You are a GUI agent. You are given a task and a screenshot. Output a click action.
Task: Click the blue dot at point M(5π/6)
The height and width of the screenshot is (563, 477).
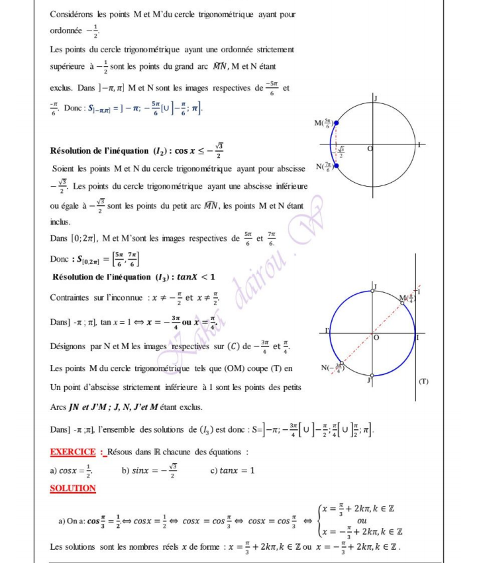point(337,123)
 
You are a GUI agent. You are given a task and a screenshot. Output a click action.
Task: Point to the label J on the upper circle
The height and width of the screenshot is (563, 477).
point(376,98)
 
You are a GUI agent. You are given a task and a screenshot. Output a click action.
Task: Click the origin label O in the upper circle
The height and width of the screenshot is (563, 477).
point(369,150)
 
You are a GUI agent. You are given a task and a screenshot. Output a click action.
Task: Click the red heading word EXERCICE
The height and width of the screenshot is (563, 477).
point(73,452)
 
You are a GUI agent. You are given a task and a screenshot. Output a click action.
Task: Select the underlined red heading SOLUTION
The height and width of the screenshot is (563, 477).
point(73,488)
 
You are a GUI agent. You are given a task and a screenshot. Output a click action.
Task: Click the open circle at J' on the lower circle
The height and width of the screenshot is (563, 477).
point(373,376)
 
